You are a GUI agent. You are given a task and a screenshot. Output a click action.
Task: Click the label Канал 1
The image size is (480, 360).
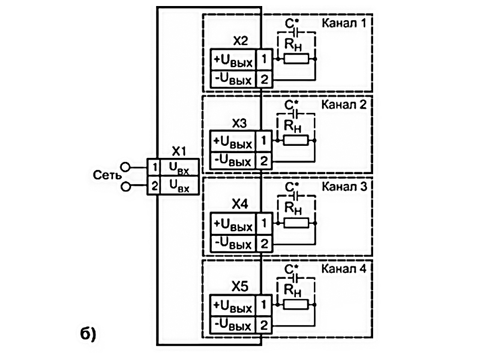[x=344, y=23]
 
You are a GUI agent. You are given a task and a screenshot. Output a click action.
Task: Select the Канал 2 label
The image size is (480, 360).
[x=344, y=104]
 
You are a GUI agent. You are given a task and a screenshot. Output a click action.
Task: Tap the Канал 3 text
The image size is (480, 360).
[x=344, y=186]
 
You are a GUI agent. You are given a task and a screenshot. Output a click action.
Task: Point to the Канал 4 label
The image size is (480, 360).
[x=344, y=267]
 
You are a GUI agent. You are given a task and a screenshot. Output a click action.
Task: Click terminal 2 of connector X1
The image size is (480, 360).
[x=154, y=187]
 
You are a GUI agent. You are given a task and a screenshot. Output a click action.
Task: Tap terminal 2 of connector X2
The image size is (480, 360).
[x=264, y=79]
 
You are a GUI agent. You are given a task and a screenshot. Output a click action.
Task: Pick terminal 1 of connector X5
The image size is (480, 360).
[x=264, y=305]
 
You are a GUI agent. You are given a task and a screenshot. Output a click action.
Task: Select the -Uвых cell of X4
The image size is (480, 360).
[x=232, y=243]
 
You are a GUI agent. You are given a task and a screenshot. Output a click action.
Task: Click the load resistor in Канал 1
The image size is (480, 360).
[x=296, y=59]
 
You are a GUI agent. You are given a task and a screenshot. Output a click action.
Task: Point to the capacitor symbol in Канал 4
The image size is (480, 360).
[x=293, y=278]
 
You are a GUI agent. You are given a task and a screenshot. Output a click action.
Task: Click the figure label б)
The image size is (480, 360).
[x=87, y=334]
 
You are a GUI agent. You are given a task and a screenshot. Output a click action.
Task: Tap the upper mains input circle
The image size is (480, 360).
[x=125, y=166]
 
